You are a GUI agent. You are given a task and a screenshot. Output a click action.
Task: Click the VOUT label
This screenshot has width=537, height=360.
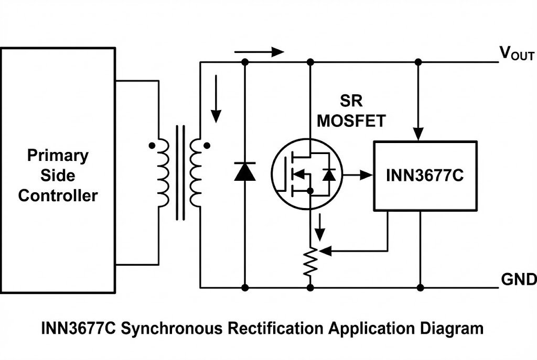pyautogui.click(x=516, y=53)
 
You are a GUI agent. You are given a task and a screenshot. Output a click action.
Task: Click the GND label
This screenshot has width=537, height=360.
pyautogui.click(x=518, y=279)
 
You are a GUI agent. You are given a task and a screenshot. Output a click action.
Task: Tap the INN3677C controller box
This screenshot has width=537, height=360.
pyautogui.click(x=424, y=176)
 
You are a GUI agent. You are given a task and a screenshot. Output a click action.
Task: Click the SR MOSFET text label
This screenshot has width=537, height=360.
pyautogui.click(x=351, y=111)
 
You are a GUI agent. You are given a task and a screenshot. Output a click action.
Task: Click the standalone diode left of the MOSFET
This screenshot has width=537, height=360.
pyautogui.click(x=244, y=171)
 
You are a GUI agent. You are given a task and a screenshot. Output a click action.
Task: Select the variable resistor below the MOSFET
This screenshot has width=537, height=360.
pyautogui.click(x=310, y=262)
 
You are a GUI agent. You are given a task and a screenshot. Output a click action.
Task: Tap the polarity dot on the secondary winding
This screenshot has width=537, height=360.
pyautogui.click(x=206, y=146)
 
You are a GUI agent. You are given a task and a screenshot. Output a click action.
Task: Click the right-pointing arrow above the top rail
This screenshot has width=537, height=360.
pyautogui.click(x=259, y=52)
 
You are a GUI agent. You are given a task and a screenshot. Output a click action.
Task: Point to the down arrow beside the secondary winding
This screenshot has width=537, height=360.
pyautogui.click(x=216, y=100)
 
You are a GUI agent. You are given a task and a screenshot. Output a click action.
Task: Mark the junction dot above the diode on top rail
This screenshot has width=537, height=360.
pyautogui.click(x=244, y=62)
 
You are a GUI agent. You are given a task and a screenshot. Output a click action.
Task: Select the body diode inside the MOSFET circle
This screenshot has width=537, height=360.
pyautogui.click(x=329, y=175)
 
